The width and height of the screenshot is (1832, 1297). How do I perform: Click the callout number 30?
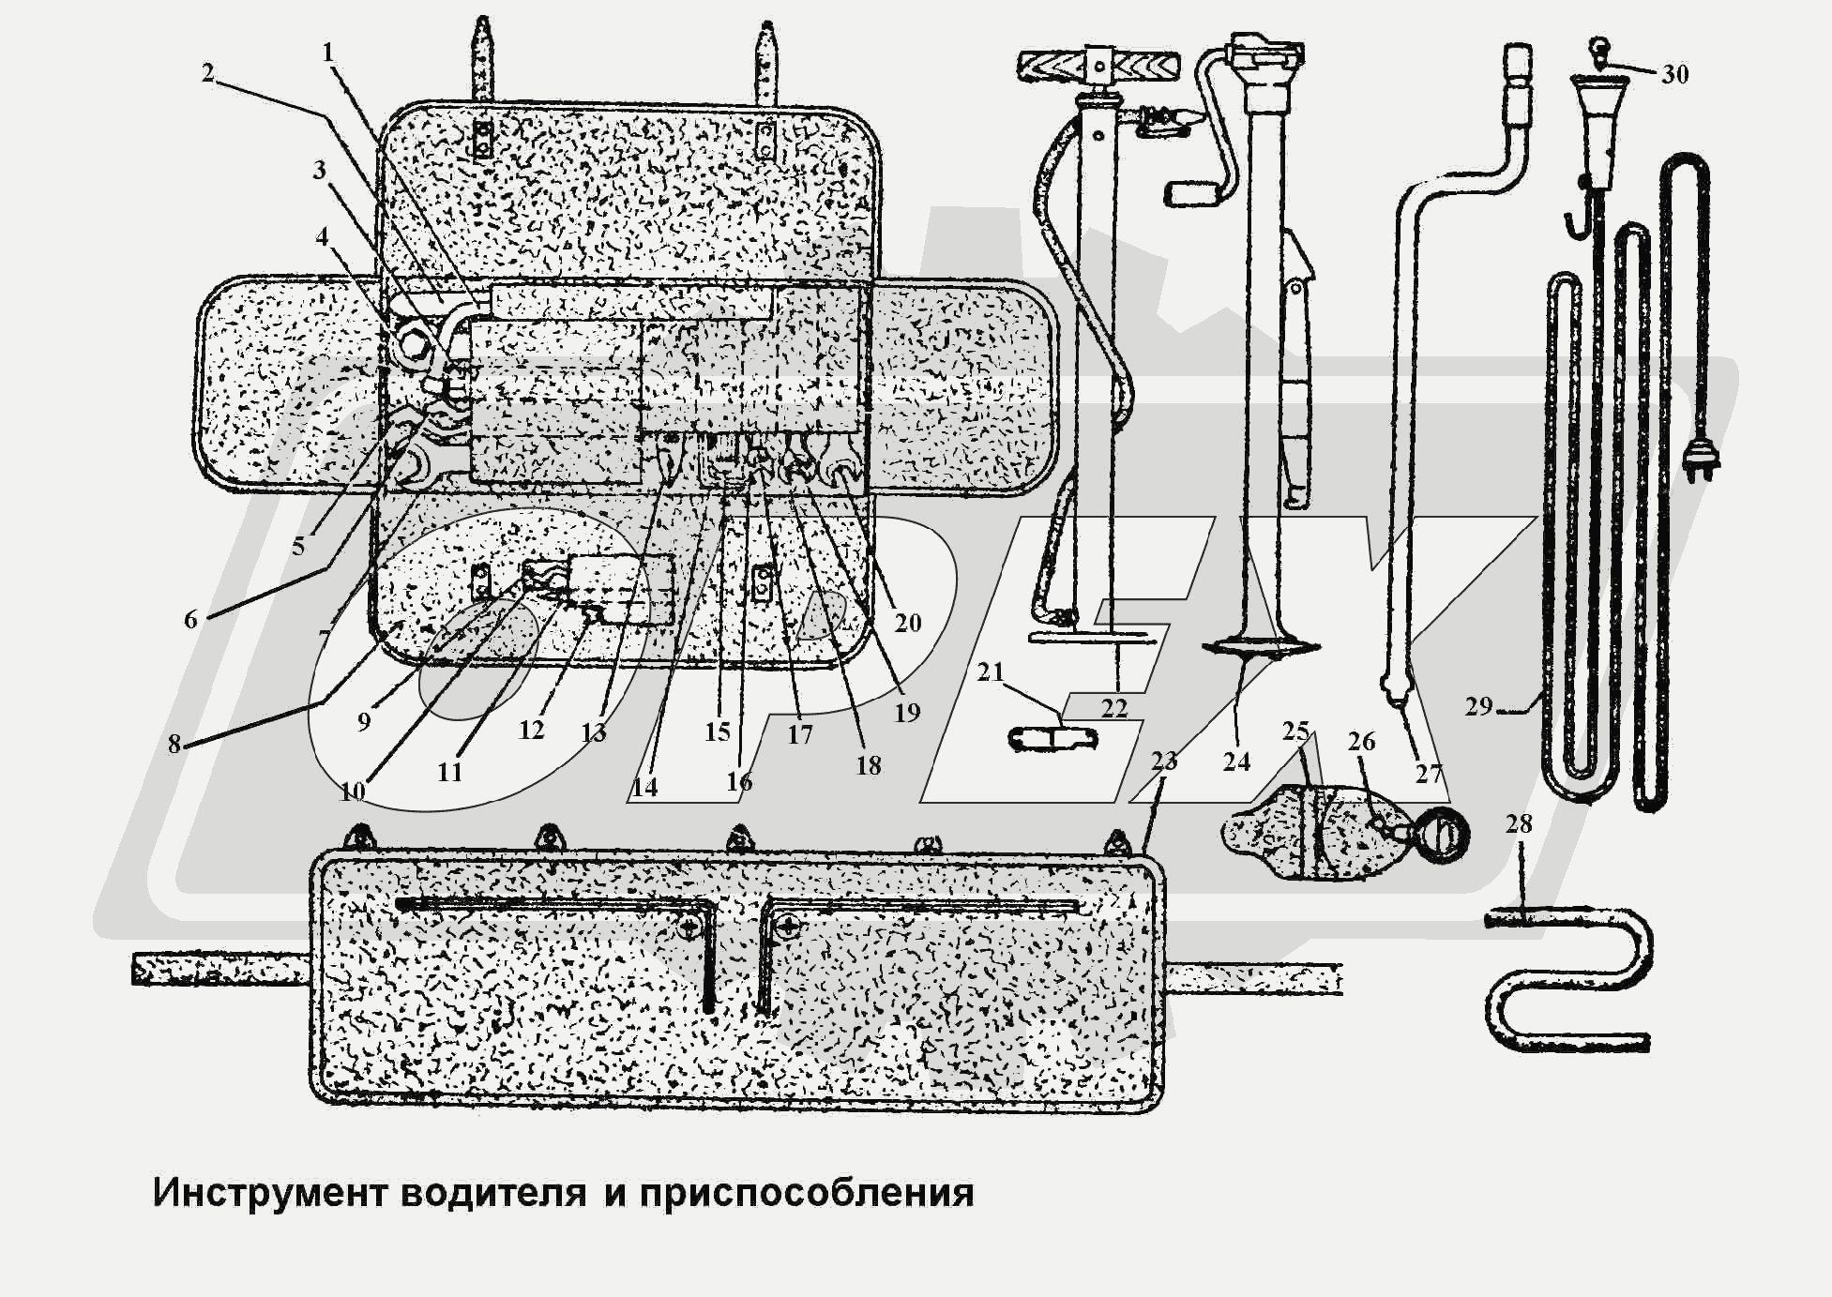tap(1674, 74)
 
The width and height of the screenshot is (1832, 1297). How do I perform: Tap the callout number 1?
tap(327, 53)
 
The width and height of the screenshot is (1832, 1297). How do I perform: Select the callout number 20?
tap(907, 622)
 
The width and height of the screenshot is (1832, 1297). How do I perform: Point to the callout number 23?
tap(1163, 761)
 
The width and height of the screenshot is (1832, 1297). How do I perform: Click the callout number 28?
tap(1518, 823)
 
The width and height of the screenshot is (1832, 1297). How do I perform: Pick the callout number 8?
tap(174, 744)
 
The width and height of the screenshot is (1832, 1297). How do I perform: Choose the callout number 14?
tap(644, 787)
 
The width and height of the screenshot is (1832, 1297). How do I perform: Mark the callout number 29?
tap(1478, 705)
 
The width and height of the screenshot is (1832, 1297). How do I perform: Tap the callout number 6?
tap(190, 619)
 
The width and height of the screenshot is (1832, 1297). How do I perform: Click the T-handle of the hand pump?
tap(1095, 67)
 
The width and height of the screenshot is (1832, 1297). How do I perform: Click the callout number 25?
tap(1295, 731)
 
